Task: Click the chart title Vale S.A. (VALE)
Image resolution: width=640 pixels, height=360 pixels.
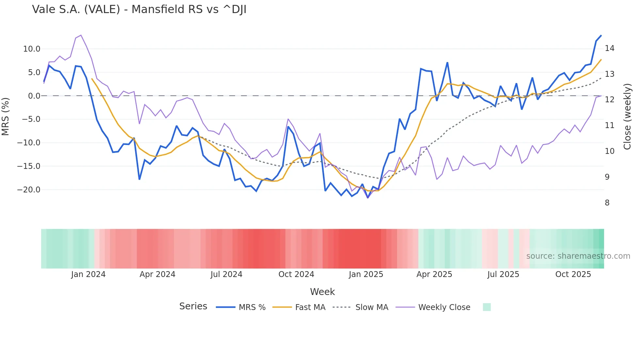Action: [x=139, y=9]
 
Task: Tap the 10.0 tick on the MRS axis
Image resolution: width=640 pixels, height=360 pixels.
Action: [x=32, y=49]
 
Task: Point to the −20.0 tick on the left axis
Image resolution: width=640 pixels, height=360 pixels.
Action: [x=29, y=190]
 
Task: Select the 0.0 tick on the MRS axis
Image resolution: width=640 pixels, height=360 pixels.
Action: [x=34, y=96]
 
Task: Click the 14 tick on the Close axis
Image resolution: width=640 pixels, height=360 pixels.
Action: [x=609, y=48]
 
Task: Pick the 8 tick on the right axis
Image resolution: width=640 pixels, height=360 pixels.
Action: [x=607, y=203]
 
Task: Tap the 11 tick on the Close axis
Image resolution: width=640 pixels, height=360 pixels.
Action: [x=609, y=125]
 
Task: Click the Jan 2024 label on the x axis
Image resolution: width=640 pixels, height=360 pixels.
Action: [x=88, y=274]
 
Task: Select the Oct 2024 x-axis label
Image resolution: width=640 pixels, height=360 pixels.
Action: [x=296, y=274]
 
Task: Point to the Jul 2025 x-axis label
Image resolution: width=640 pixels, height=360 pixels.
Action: [x=503, y=274]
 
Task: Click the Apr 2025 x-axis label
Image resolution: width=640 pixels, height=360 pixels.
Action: [x=434, y=274]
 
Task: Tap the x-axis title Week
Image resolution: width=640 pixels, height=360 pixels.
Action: [x=322, y=292]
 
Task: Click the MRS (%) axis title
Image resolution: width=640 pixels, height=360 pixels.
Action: [x=6, y=116]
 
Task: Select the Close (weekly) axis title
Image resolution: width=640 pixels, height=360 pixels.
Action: [x=627, y=117]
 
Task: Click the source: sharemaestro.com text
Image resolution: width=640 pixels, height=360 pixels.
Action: [x=578, y=256]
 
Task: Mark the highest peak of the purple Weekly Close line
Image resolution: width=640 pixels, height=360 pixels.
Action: [x=81, y=35]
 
